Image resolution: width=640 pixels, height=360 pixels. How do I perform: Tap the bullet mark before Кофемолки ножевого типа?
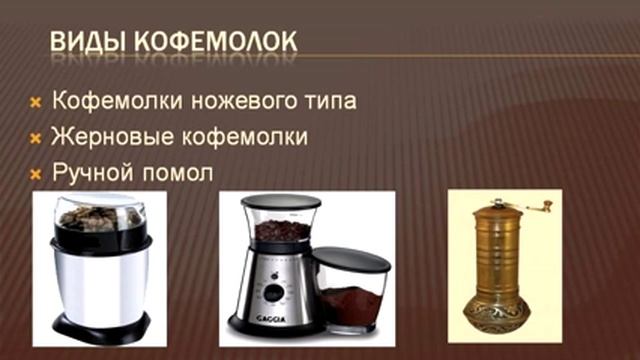(33, 103)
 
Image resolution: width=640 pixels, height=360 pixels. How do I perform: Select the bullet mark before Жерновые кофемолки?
(33, 136)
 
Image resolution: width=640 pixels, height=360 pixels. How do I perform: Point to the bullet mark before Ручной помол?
(33, 173)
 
